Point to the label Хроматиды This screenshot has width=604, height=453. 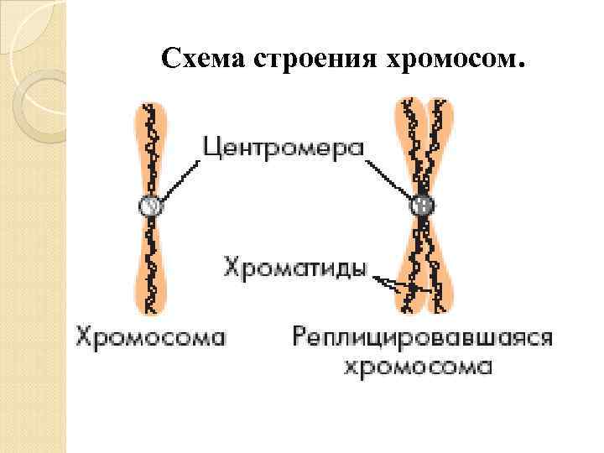[296, 268]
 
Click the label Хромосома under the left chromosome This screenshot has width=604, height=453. [152, 337]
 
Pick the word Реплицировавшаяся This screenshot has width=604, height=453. [422, 337]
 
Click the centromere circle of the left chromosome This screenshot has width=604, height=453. [149, 204]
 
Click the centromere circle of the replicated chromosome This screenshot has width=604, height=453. [422, 204]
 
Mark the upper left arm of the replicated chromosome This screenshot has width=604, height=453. [410, 147]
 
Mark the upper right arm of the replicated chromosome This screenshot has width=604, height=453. [435, 147]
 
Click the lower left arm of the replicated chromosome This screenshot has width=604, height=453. [410, 268]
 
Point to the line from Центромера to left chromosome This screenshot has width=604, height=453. [180, 179]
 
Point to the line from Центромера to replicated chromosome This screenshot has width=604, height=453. [389, 179]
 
